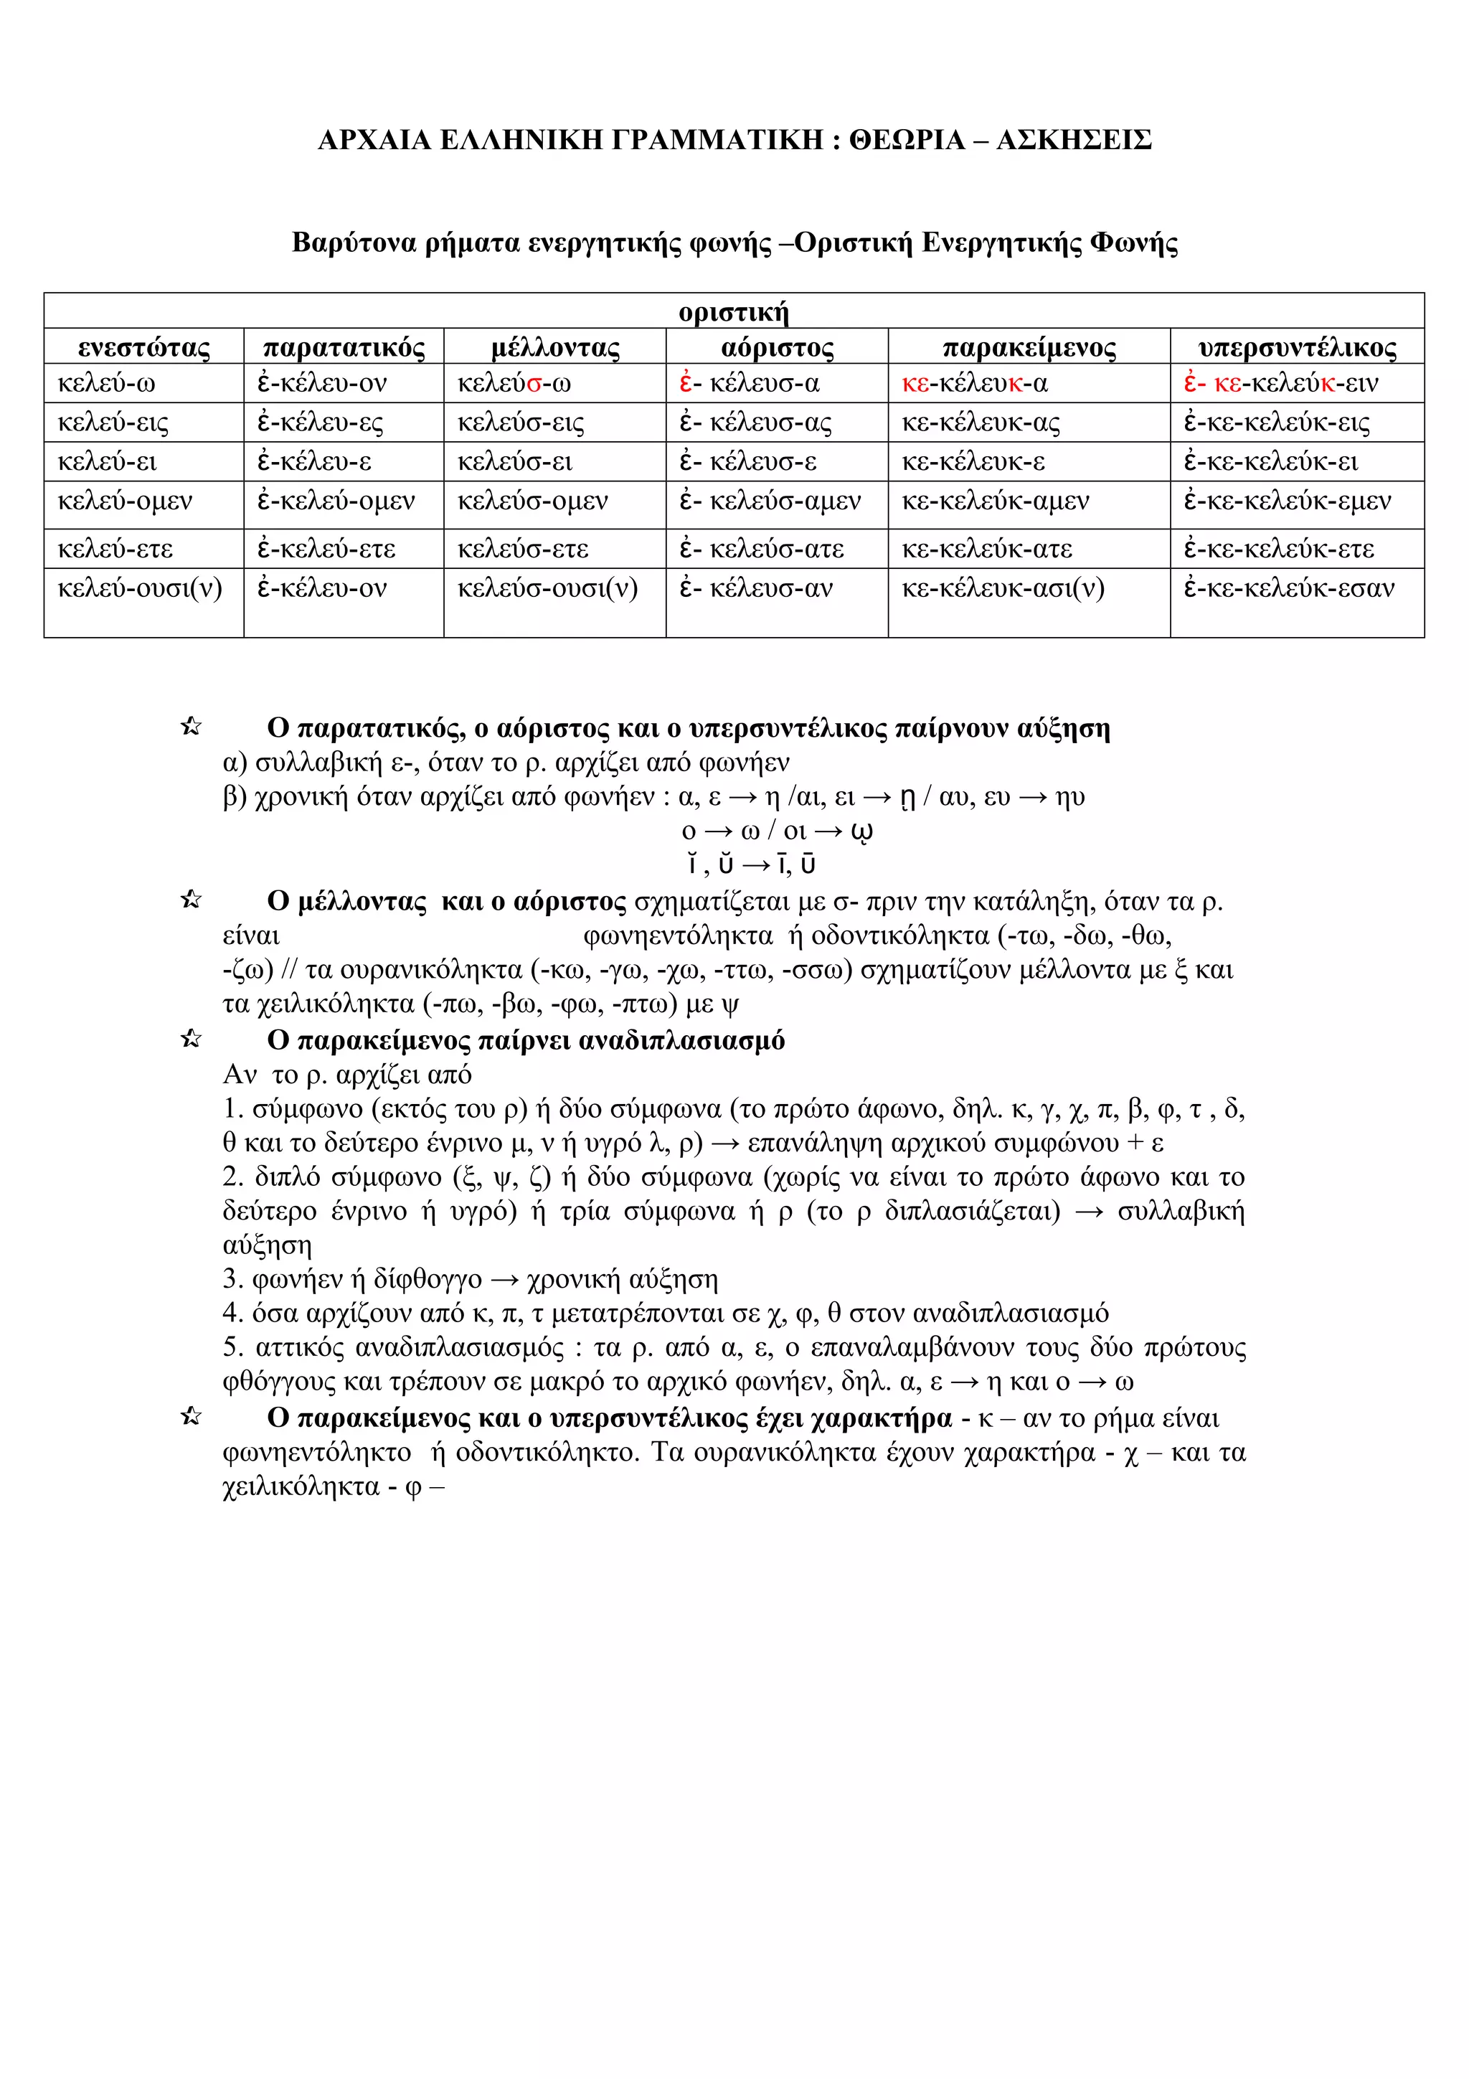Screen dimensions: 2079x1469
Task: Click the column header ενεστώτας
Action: click(x=144, y=348)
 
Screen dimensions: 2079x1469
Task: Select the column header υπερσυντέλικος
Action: click(x=1297, y=348)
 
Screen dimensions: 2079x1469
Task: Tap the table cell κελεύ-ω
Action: click(x=107, y=384)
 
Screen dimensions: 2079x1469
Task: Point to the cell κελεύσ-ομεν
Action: click(x=532, y=501)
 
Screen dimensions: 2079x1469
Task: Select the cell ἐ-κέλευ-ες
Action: click(x=321, y=423)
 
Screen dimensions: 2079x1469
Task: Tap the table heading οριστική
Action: click(x=733, y=312)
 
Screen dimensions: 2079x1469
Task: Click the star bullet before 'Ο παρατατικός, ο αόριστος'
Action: click(x=191, y=726)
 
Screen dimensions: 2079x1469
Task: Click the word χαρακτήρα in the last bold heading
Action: click(x=881, y=1418)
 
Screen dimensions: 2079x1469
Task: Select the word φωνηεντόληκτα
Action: click(x=677, y=936)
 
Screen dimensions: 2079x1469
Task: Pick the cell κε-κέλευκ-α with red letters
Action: click(x=975, y=384)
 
